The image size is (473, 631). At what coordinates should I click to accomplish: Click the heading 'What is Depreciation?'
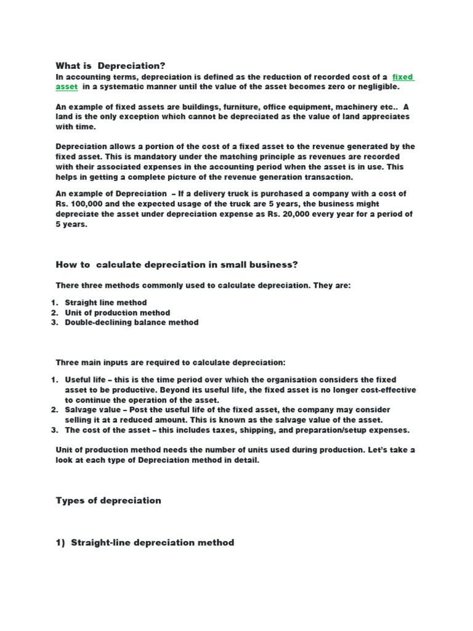(x=111, y=66)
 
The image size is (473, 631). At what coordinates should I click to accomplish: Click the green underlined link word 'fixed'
(x=403, y=77)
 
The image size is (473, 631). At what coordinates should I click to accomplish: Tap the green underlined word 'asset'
(x=67, y=87)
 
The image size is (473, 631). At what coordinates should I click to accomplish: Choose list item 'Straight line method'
(x=106, y=303)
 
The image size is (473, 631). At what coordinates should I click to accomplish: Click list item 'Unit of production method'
(x=117, y=312)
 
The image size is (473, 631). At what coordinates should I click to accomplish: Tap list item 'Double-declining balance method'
(x=132, y=322)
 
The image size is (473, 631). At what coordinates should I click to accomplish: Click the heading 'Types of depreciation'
(x=108, y=500)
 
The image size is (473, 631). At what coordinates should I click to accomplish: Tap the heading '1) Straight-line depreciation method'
(x=145, y=543)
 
